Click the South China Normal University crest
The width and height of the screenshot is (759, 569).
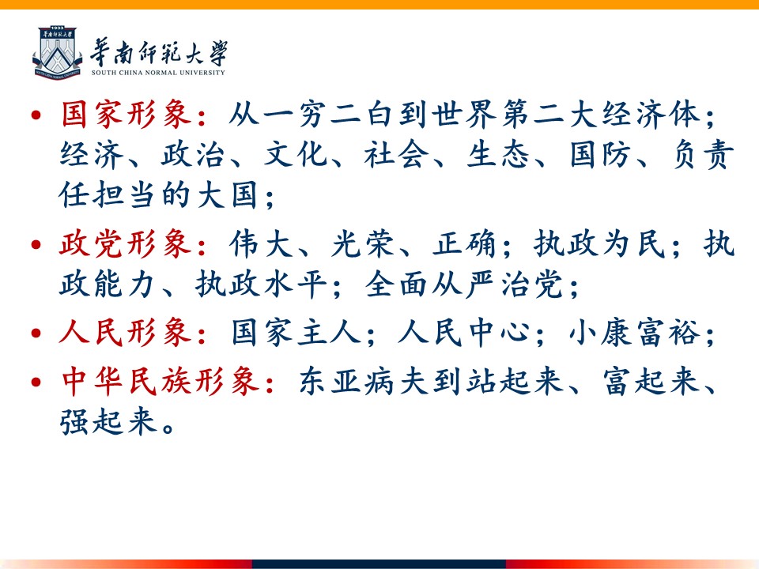(x=57, y=52)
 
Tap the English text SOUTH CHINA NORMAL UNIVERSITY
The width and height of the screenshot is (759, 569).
(x=158, y=73)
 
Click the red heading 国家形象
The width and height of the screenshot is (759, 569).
(x=126, y=115)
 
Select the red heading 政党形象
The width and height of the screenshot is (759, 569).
(x=126, y=243)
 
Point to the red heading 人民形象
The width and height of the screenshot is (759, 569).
(x=126, y=333)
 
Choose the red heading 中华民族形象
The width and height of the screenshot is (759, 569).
(x=160, y=382)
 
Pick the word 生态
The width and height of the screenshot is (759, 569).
(x=498, y=156)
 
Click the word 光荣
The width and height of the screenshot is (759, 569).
(x=363, y=243)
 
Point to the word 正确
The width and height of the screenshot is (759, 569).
(x=465, y=243)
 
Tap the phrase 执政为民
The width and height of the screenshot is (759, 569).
(x=600, y=243)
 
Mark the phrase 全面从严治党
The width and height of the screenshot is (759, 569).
(x=464, y=284)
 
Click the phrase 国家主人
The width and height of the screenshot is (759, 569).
(x=296, y=333)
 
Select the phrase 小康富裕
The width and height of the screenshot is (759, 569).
(x=635, y=333)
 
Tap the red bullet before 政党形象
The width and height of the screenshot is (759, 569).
(x=36, y=244)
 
